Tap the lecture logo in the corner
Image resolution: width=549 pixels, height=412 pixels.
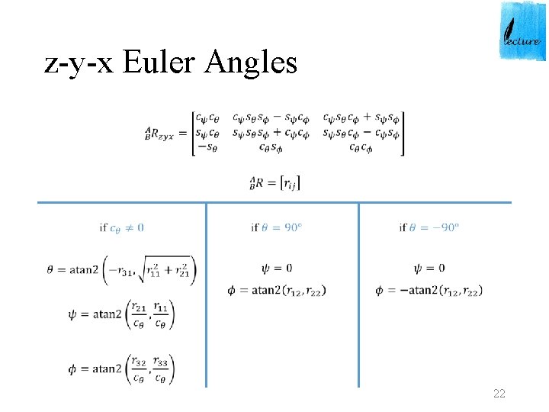[x=523, y=31]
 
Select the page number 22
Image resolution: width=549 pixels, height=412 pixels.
[x=499, y=394]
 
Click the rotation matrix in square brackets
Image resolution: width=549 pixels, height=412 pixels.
[x=298, y=133]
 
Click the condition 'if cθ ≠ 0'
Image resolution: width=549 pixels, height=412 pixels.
[x=122, y=227]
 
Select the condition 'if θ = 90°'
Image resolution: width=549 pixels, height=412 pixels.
[x=277, y=227]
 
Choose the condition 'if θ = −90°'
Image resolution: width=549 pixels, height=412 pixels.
[x=429, y=227]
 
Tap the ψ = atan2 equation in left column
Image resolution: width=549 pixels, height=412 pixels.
[x=121, y=314]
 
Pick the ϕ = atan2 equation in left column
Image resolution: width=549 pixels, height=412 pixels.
[x=121, y=369]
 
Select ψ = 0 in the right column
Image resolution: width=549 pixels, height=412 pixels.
[x=429, y=269]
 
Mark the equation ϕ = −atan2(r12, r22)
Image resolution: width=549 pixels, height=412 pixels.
[x=429, y=290]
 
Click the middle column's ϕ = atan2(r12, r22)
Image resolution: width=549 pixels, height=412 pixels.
[x=278, y=290]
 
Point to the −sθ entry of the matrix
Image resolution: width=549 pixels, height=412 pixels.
[x=206, y=147]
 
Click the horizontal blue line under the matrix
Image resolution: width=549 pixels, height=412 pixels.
[x=274, y=202]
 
